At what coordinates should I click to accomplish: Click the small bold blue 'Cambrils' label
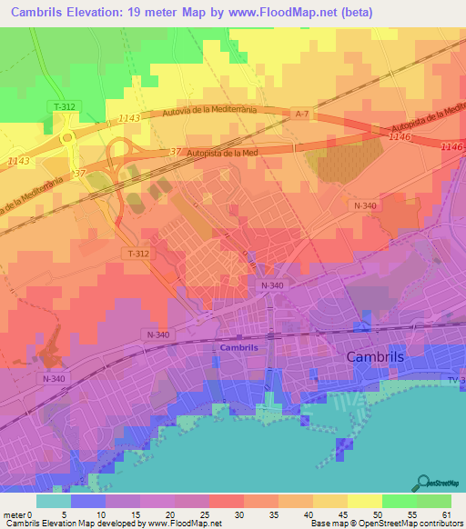pyautogui.click(x=238, y=347)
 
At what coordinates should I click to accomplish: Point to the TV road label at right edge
pyautogui.click(x=455, y=379)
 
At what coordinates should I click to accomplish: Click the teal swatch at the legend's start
pyautogui.click(x=54, y=501)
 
